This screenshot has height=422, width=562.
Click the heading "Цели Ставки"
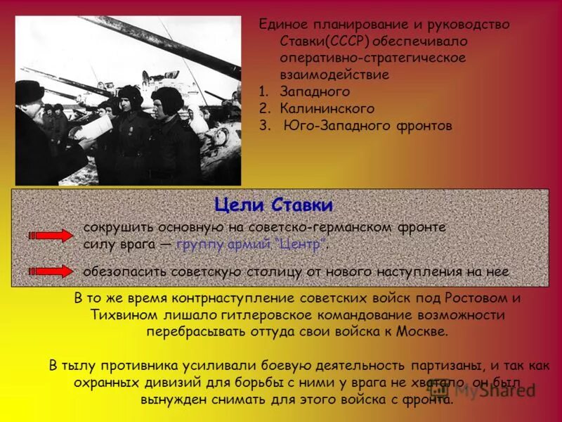coord(273,206)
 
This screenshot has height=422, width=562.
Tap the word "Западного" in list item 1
coord(315,92)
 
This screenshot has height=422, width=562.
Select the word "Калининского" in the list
coord(327,109)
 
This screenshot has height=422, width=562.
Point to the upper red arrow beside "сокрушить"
coord(51,236)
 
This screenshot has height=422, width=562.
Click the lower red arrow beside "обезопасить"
coord(51,271)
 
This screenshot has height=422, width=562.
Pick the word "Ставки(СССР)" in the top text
coord(319,41)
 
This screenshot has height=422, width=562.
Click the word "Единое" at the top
coord(281,25)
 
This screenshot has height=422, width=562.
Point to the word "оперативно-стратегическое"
coord(372,58)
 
